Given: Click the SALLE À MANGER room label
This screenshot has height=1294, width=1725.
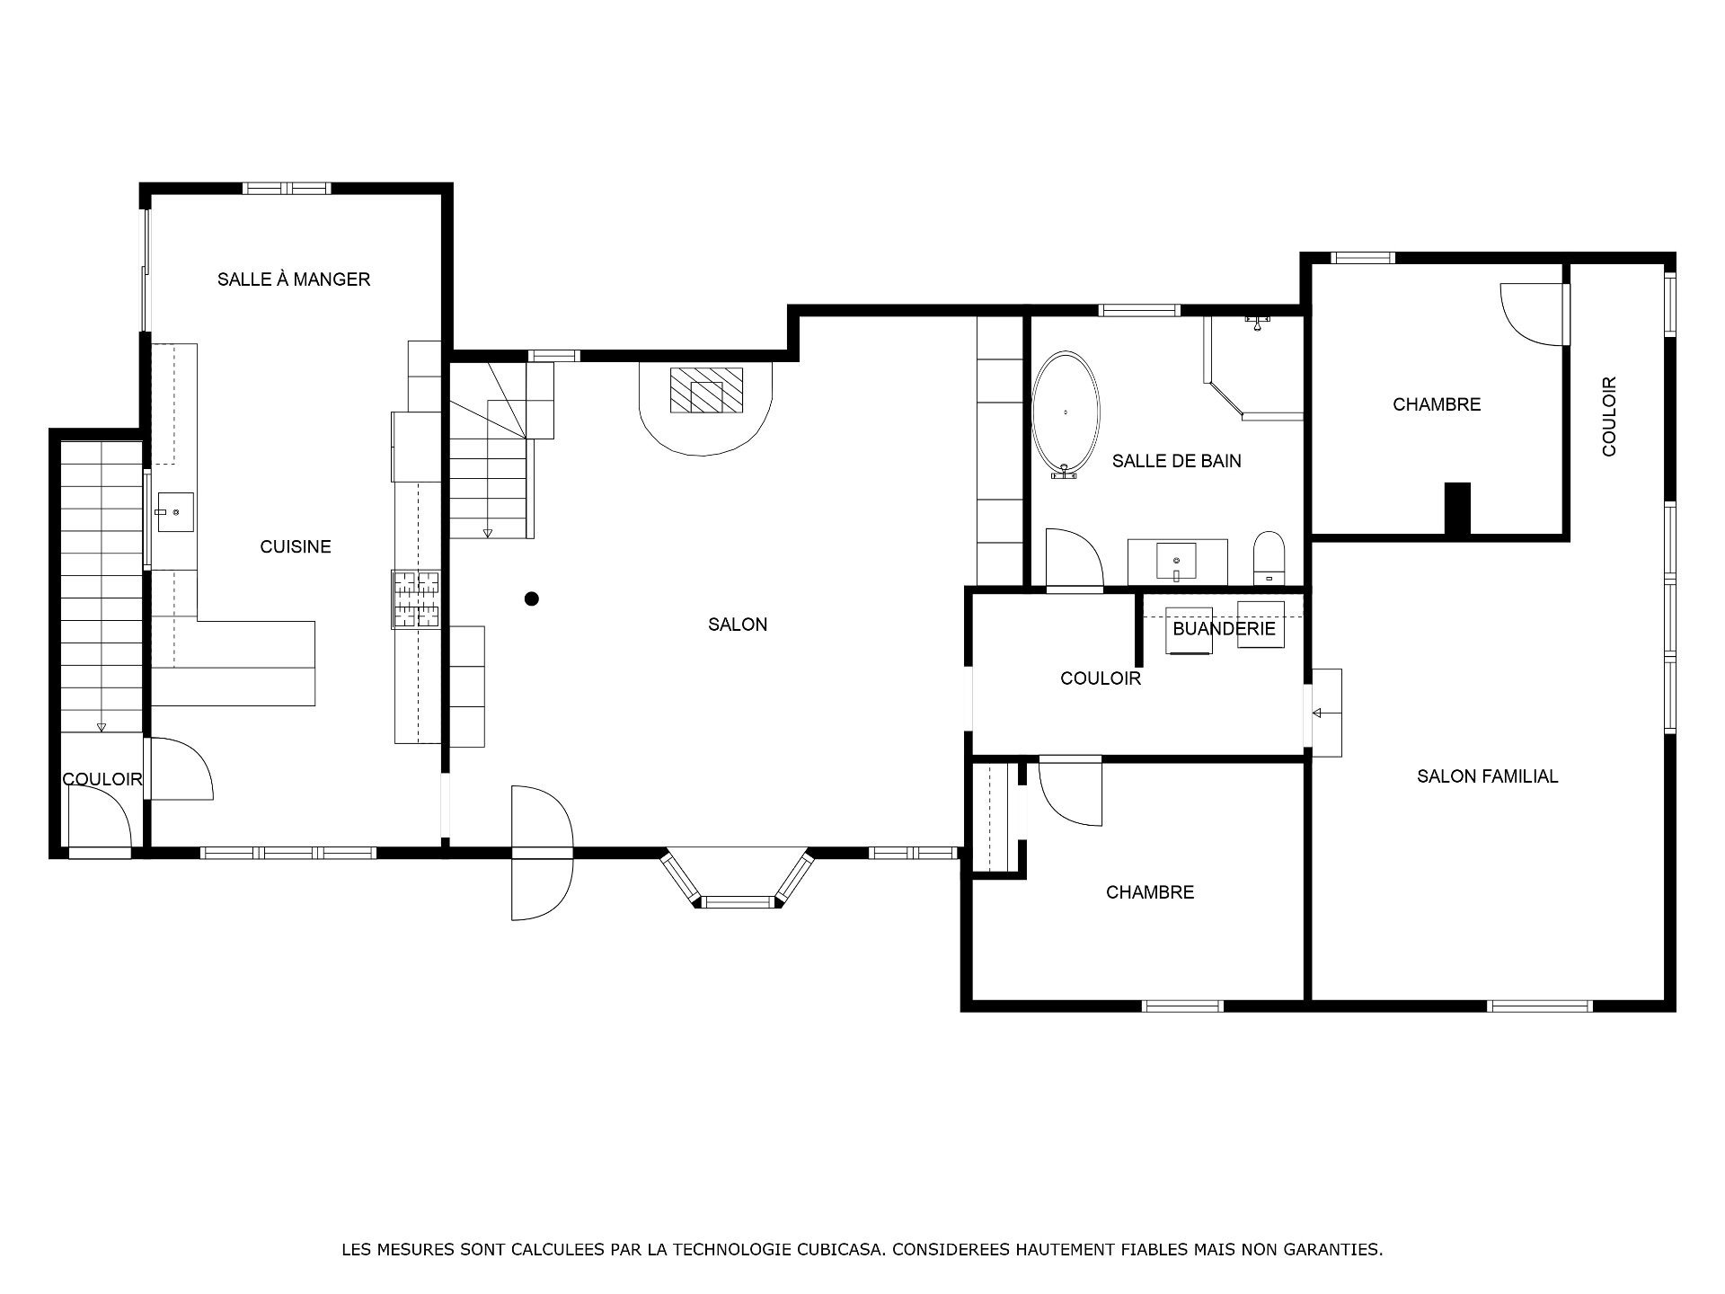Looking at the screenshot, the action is point(294,279).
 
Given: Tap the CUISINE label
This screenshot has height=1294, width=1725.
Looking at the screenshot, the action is point(296,546).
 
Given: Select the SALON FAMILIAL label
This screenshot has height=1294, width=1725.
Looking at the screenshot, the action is point(1488,776).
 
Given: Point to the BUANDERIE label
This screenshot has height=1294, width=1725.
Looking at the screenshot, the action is point(1224,628).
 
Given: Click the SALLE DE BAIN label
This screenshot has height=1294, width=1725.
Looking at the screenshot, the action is point(1177,461).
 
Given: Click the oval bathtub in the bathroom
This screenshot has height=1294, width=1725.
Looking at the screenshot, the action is point(1066,414).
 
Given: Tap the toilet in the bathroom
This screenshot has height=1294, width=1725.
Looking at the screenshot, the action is point(1269,558).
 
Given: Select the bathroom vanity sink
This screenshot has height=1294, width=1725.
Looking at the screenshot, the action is point(1177,562).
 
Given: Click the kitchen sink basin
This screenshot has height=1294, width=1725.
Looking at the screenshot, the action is point(175,512).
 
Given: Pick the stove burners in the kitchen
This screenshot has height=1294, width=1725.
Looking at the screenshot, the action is point(416,598).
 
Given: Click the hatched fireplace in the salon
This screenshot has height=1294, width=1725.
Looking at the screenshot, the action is point(707,390).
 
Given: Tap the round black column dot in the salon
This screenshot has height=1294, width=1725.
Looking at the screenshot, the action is point(532,598).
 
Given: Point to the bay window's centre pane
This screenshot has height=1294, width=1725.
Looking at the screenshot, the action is point(738,901).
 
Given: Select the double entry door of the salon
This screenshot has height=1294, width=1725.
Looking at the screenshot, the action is point(542,853).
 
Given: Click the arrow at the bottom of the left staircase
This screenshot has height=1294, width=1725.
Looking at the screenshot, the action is point(102,727).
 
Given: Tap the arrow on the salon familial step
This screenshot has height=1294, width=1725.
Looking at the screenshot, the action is point(1319,713).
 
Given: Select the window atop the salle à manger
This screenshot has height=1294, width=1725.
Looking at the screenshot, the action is point(287,189).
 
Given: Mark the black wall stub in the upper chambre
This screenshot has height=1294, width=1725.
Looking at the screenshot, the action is point(1457,510).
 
